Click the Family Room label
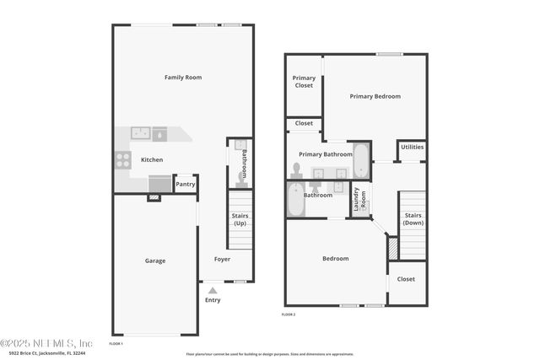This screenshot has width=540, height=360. (182, 78)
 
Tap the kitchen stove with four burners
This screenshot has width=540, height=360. (123, 159)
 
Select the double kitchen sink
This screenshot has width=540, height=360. (140, 132)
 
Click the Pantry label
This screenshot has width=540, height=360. (185, 184)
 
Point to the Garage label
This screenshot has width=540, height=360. (154, 261)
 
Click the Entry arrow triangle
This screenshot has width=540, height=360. (213, 290)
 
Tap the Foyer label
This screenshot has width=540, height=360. (222, 259)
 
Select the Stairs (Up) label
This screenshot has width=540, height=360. (240, 220)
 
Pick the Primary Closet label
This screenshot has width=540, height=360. (304, 82)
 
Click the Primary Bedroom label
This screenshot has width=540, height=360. (375, 96)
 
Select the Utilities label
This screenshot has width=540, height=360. (412, 147)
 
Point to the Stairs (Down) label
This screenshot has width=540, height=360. (413, 219)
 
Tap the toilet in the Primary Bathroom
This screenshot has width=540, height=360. (296, 170)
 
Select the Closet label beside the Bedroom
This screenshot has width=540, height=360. (406, 279)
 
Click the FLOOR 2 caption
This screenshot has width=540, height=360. (289, 314)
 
